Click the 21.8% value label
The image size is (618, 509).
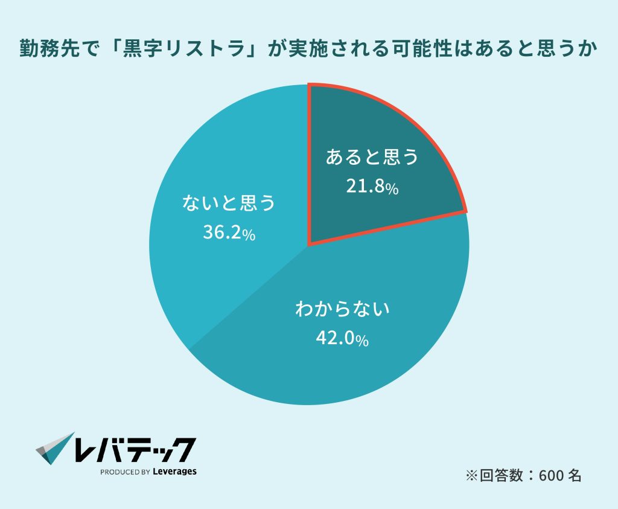coord(372,187)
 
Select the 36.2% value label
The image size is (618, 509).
coord(229,233)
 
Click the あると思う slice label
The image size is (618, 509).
coord(372,158)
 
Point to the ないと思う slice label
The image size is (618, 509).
coord(229,203)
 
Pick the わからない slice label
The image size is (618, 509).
coord(342,310)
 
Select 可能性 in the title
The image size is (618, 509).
coord(427,48)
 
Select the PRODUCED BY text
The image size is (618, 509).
coord(125,472)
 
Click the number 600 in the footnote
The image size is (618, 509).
coord(551,475)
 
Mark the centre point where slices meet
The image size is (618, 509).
coord(309,245)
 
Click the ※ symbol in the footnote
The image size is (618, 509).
coord(471,475)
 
